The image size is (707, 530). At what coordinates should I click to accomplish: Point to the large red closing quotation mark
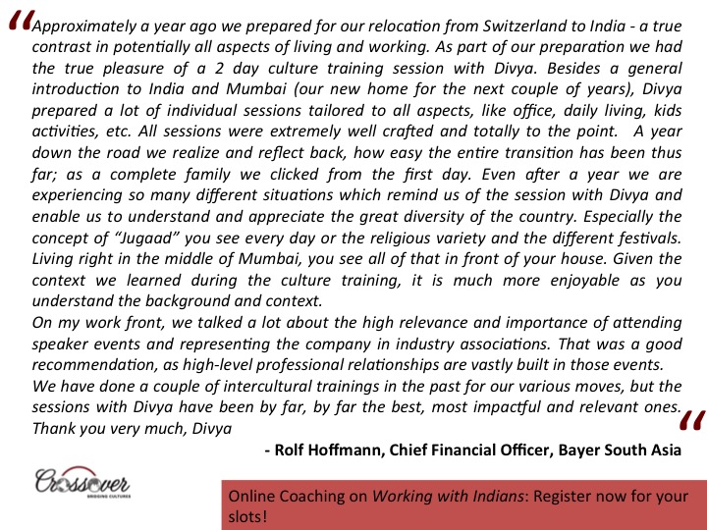click(x=690, y=424)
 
